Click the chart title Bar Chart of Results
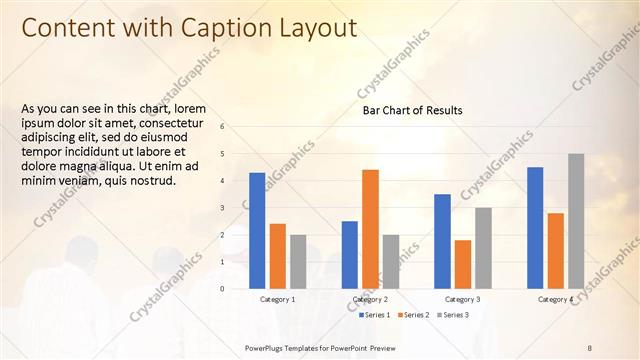(412, 111)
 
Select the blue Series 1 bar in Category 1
(257, 230)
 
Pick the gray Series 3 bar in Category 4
(576, 221)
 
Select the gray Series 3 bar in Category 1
(298, 261)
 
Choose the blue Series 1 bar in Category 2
(350, 254)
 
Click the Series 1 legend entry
(375, 315)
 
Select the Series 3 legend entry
(452, 315)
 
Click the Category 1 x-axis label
(277, 299)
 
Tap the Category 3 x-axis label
(463, 299)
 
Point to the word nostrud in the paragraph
(152, 181)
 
